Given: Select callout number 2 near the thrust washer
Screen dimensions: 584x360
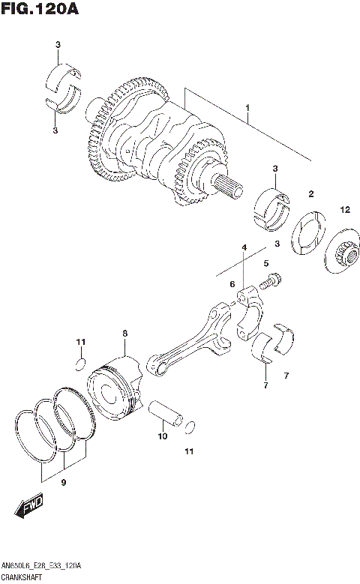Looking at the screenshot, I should point(310,194).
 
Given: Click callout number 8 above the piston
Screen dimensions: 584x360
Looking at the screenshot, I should point(125,333).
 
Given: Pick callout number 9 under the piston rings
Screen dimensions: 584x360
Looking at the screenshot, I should point(64,483).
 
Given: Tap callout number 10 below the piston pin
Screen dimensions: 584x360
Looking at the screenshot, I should point(163,435).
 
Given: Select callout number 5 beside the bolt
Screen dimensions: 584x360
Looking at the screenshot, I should point(265,263).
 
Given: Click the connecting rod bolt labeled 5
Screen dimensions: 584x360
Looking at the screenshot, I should point(271,283).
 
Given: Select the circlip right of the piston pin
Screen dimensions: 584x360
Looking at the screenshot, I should point(190,427).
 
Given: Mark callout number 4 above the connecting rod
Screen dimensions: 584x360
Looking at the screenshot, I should point(244,247).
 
